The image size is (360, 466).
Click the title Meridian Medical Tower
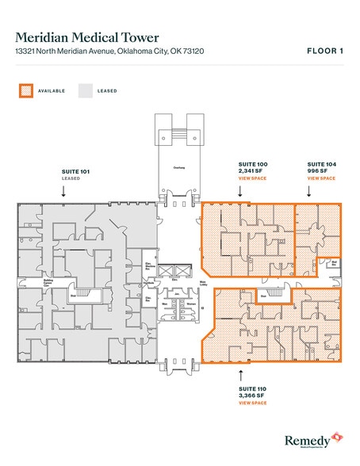[x=87, y=37]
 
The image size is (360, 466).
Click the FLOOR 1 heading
[x=325, y=51]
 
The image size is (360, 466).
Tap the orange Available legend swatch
[x=25, y=91]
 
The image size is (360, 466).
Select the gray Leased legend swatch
[x=84, y=91]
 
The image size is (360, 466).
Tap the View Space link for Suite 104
[x=320, y=178]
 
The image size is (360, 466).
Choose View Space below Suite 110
[x=252, y=403]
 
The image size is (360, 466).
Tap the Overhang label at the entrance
[x=179, y=167]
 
